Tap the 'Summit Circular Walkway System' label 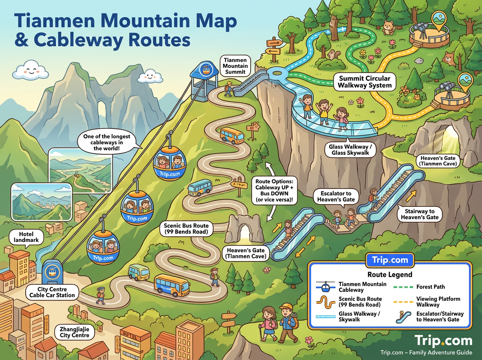pyautogui.click(x=365, y=82)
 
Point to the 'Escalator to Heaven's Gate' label pyautogui.click(x=336, y=196)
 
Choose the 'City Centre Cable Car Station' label pyautogui.click(x=52, y=292)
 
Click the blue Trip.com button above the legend pyautogui.click(x=390, y=260)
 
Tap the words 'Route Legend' pyautogui.click(x=390, y=275)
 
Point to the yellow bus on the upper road pyautogui.click(x=231, y=135)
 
